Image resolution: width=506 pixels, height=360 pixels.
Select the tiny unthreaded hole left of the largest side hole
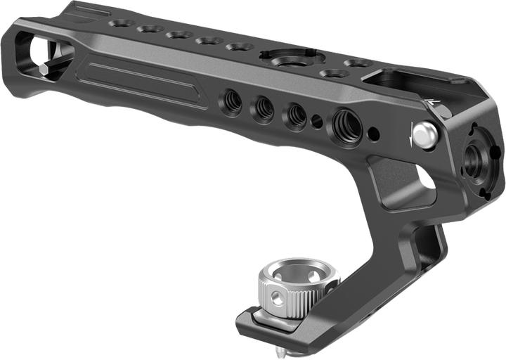click(317, 122)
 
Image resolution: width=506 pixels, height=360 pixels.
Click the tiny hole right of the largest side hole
click(374, 133)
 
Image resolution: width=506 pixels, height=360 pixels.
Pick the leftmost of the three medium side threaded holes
click(232, 101)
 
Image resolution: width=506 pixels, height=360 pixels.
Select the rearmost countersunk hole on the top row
click(121, 23)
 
